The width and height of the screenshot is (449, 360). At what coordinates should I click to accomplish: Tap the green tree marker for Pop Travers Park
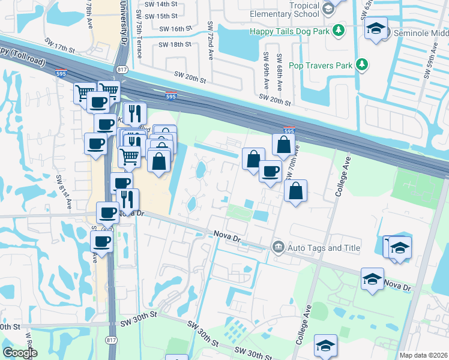(x=362, y=64)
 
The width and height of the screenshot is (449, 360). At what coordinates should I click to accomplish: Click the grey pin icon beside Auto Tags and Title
(x=278, y=247)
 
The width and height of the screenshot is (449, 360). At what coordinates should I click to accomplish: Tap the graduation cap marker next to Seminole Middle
(x=376, y=29)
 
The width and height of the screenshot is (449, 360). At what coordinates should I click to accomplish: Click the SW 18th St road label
(x=175, y=44)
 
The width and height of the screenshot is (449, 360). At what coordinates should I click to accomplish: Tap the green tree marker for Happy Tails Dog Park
(x=339, y=29)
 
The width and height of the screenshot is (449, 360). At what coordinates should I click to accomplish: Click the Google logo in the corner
(x=20, y=353)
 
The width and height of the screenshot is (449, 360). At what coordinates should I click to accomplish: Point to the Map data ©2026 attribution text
(x=423, y=355)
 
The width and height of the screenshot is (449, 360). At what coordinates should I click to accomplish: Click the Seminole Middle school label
(x=420, y=33)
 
